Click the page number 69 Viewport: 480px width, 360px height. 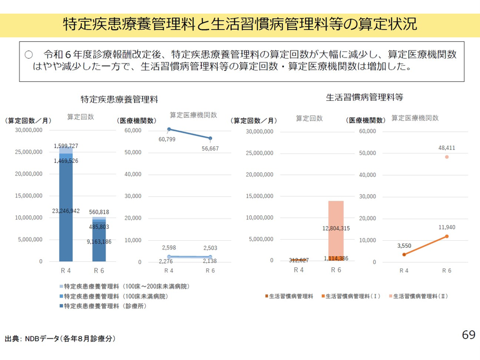pyautogui.click(x=469, y=335)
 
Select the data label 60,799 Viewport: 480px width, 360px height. pyautogui.click(x=167, y=139)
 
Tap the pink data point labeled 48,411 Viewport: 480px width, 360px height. pyautogui.click(x=447, y=157)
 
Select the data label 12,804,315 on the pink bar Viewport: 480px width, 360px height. pyautogui.click(x=336, y=228)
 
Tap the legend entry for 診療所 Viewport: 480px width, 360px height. pyautogui.click(x=102, y=306)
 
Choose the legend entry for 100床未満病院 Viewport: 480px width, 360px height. pyautogui.click(x=112, y=296)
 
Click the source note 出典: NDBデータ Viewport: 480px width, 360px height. pyautogui.click(x=60, y=338)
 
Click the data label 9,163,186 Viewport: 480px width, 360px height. pyautogui.click(x=99, y=242)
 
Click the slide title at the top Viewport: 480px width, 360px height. pyautogui.click(x=239, y=24)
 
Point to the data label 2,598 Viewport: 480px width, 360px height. pyautogui.click(x=170, y=247)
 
